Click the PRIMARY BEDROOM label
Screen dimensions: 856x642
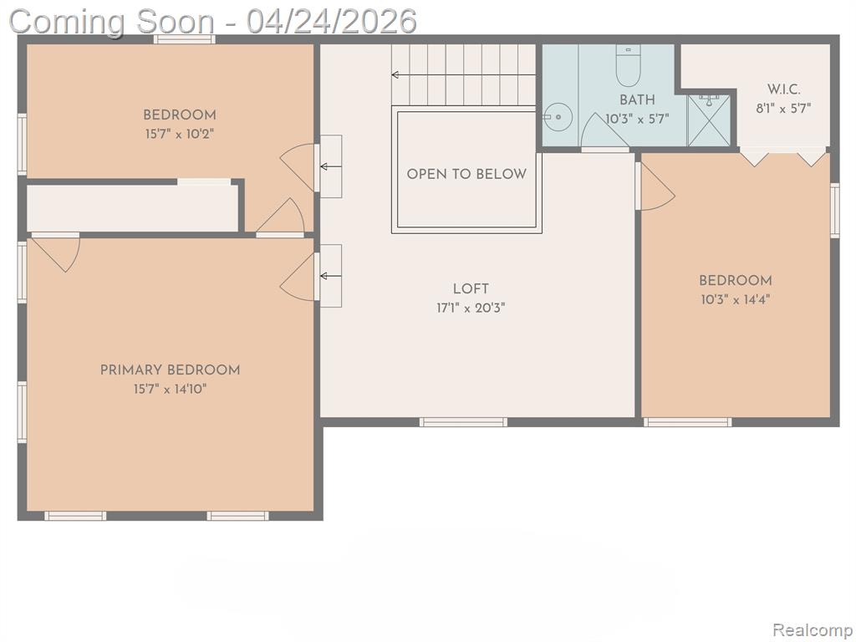click(x=170, y=370)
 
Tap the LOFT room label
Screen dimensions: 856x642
click(x=471, y=288)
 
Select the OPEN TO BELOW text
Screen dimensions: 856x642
click(x=466, y=174)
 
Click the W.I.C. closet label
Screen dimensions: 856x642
click(x=784, y=89)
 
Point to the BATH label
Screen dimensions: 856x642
click(x=637, y=100)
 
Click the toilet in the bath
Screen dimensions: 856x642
click(x=629, y=65)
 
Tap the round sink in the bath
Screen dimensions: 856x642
click(x=558, y=116)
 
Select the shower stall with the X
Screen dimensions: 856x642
click(x=709, y=120)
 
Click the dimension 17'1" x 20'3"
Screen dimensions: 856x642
click(x=471, y=308)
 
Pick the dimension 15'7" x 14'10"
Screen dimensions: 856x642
click(x=170, y=390)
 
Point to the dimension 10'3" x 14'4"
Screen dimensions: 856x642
click(x=736, y=300)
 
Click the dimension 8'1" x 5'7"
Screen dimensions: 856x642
click(x=783, y=109)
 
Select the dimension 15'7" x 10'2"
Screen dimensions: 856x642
click(x=180, y=134)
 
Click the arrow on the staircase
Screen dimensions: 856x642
click(x=463, y=74)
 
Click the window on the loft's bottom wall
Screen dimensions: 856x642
click(x=463, y=422)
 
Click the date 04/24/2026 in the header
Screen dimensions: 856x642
click(x=331, y=22)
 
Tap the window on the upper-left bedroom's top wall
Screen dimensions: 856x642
click(x=184, y=39)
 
